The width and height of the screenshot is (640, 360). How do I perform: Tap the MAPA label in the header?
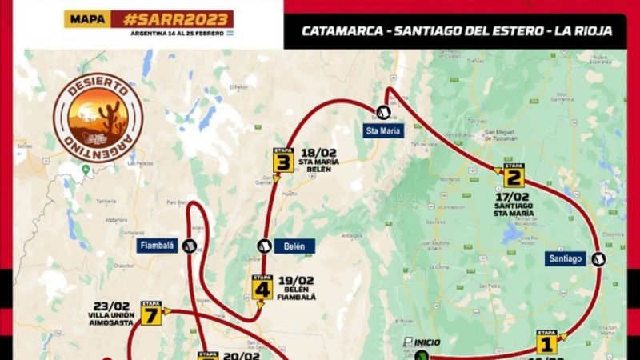(x=87, y=19)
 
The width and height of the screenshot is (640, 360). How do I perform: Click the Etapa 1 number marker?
(x=547, y=343)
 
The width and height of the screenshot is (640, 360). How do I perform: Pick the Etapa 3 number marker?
(x=282, y=162)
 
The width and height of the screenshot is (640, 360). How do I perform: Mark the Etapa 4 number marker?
(x=262, y=289)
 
